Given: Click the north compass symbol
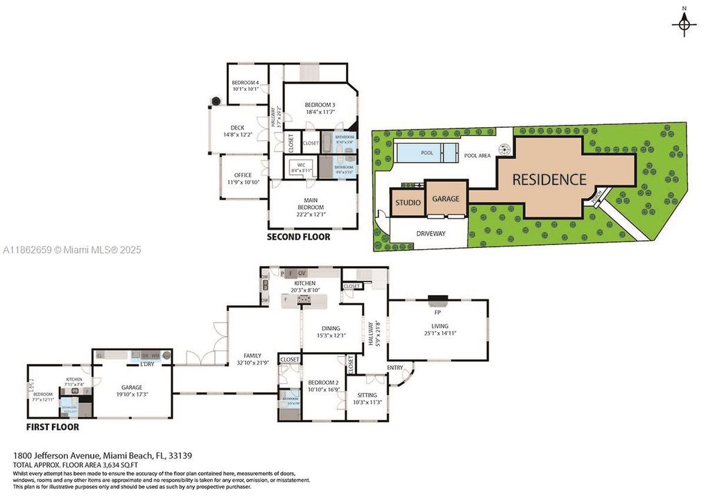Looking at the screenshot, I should (x=685, y=24).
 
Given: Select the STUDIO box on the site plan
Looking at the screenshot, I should (x=408, y=203).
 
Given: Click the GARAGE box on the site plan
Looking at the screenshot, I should (x=446, y=199).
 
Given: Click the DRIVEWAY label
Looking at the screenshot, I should (x=431, y=233).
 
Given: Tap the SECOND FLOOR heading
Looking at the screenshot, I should (x=299, y=237).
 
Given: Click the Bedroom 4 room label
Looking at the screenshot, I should (x=246, y=83).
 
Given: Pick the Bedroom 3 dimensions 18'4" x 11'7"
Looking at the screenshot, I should (x=320, y=112).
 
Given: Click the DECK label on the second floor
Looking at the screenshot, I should (x=238, y=128).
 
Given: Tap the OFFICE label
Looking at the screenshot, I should (x=243, y=175).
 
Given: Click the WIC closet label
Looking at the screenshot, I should (x=302, y=165).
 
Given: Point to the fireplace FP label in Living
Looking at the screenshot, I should (x=438, y=312).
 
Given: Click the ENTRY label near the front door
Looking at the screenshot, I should (x=395, y=367).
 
